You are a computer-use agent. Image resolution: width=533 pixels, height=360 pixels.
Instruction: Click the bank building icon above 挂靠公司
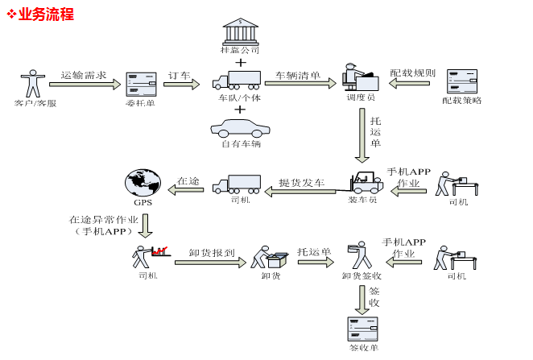pyautogui.click(x=240, y=31)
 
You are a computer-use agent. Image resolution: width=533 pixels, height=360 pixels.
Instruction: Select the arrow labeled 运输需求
pyautogui.click(x=83, y=84)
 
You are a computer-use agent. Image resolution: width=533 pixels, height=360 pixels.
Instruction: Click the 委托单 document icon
pyautogui.click(x=141, y=83)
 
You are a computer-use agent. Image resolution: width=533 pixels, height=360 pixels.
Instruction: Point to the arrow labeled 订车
pyautogui.click(x=181, y=84)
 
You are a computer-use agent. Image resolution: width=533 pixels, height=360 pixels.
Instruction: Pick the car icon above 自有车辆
pyautogui.click(x=240, y=127)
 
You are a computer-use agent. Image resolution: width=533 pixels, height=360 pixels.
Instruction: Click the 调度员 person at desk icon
pyautogui.click(x=360, y=78)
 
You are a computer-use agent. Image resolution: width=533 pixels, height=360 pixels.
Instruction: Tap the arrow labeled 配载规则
pyautogui.click(x=412, y=82)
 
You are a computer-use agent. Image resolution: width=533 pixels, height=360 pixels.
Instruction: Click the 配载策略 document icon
pyautogui.click(x=462, y=81)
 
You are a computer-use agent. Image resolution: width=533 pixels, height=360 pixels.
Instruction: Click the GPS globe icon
pyautogui.click(x=143, y=182)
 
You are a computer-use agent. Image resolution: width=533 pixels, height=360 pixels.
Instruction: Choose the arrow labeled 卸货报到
pyautogui.click(x=210, y=261)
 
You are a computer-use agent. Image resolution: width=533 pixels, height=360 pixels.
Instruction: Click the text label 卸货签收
pyautogui.click(x=361, y=275)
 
